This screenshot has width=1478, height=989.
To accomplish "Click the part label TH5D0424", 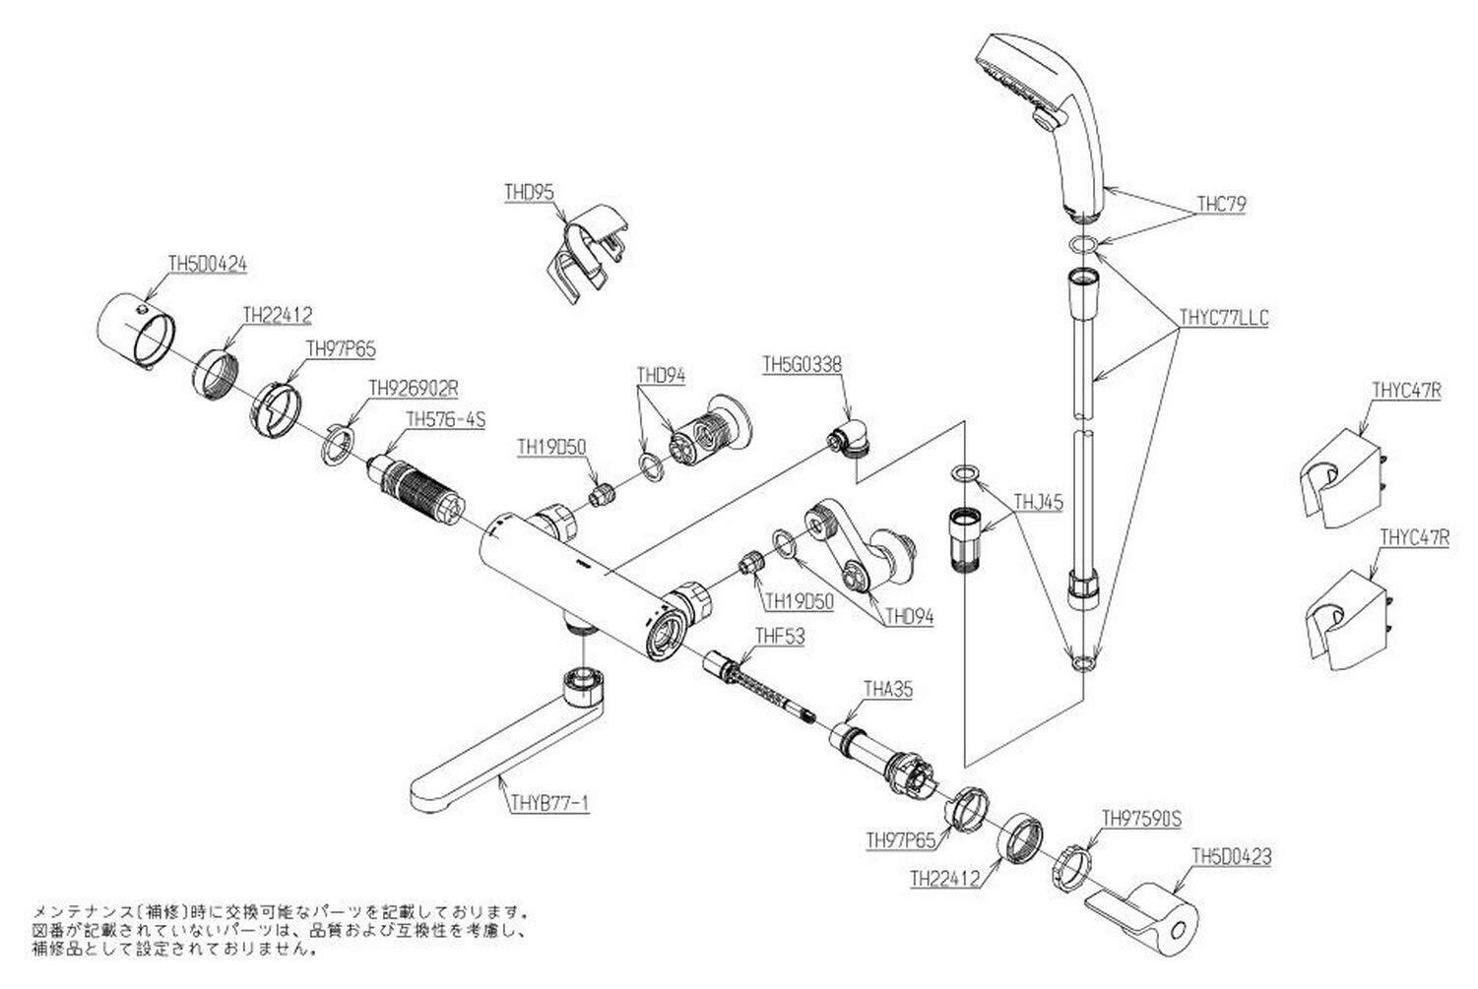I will coord(207,264).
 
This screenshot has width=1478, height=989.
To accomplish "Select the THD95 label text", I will coord(529,195).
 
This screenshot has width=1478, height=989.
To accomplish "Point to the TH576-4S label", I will coord(446,419).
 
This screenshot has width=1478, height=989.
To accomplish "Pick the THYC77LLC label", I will coord(1224,318).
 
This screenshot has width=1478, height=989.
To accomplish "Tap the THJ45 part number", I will coord(1039,501).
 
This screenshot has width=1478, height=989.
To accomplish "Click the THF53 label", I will coord(779,636).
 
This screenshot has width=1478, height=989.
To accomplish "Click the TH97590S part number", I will coord(1141,817).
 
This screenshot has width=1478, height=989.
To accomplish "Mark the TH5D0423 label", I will coord(1231,856).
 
